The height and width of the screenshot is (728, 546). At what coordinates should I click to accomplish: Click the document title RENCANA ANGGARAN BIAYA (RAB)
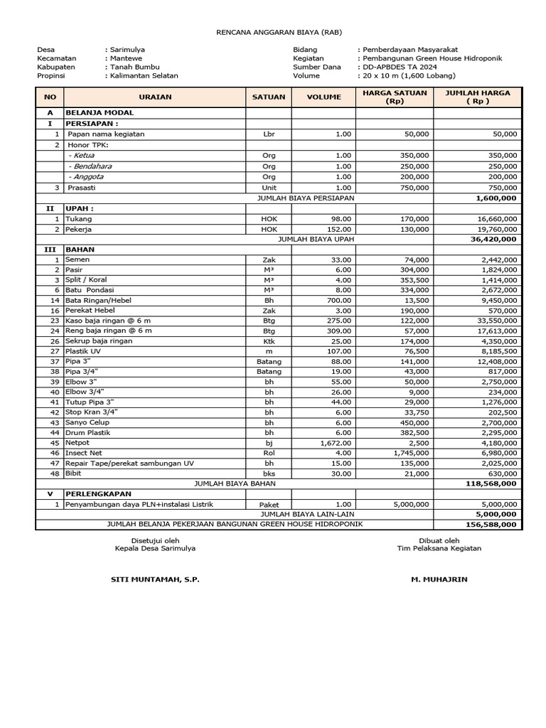pyautogui.click(x=272, y=33)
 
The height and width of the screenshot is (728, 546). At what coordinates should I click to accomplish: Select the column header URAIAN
pyautogui.click(x=154, y=97)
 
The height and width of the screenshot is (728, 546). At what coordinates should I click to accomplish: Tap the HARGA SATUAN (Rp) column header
pyautogui.click(x=394, y=97)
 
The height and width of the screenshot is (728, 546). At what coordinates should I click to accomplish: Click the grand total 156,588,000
pyautogui.click(x=493, y=525)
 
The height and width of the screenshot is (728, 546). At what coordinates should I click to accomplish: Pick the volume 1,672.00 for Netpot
pyautogui.click(x=333, y=443)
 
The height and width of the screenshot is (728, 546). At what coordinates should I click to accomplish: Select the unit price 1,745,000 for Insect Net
pyautogui.click(x=408, y=453)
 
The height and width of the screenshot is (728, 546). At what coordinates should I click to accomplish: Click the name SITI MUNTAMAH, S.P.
pyautogui.click(x=155, y=579)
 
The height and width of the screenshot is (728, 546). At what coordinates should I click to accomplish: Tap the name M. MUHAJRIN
pyautogui.click(x=439, y=579)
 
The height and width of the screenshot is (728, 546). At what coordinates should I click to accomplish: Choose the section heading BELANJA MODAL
pyautogui.click(x=100, y=112)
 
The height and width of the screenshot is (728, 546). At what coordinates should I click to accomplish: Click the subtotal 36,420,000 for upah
pyautogui.click(x=493, y=240)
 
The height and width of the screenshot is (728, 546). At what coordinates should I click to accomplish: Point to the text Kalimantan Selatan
pyautogui.click(x=144, y=75)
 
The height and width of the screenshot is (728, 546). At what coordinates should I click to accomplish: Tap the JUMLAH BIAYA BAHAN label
pyautogui.click(x=235, y=483)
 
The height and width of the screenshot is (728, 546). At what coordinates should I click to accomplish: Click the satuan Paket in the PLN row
pyautogui.click(x=269, y=504)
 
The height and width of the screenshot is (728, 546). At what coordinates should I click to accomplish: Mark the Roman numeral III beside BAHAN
pyautogui.click(x=50, y=250)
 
